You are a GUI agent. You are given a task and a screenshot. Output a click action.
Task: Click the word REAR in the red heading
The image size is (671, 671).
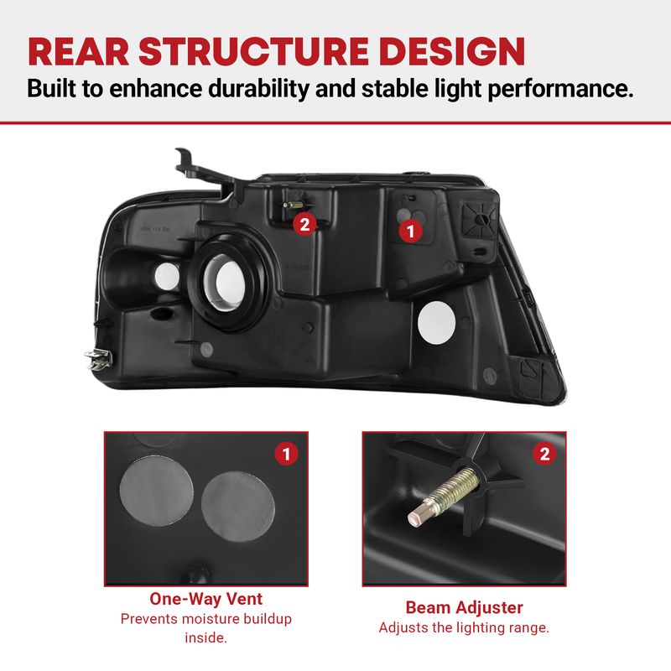78,51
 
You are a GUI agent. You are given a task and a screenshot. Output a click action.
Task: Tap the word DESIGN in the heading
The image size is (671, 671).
452,51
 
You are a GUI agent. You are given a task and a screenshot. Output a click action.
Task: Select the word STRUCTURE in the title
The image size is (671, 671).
254,51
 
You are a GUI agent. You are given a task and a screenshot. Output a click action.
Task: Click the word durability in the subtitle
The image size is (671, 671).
258,89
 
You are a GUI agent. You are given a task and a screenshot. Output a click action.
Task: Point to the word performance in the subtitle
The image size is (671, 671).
560,90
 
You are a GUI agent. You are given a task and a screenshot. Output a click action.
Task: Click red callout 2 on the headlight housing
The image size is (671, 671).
304,224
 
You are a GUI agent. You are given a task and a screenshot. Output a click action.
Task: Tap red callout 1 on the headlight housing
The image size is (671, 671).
410,231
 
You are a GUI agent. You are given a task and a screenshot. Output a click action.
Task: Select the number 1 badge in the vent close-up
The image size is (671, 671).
286,454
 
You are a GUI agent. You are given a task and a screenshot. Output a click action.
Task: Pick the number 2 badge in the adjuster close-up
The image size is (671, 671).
544,454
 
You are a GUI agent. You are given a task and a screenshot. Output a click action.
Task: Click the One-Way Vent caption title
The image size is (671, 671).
205,599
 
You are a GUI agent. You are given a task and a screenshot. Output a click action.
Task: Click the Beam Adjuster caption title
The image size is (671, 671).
464,607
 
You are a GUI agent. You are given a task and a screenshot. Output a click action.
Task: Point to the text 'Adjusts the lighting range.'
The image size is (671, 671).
464,627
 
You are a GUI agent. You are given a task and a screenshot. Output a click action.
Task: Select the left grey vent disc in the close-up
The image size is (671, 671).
157,491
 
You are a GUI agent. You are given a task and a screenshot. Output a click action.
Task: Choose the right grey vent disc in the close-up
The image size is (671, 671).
238,507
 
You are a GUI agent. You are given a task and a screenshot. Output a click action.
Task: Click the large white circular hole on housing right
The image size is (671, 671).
436,323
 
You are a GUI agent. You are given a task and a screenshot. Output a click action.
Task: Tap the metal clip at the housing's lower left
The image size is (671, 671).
99,359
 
